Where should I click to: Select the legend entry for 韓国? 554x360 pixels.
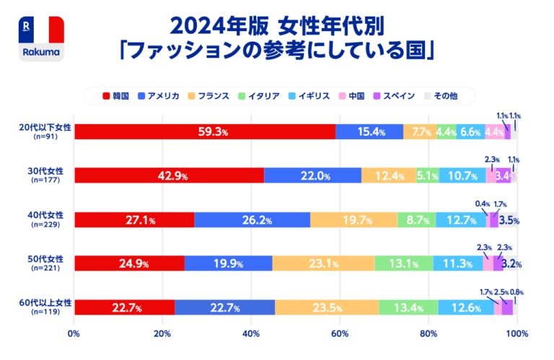[116, 95]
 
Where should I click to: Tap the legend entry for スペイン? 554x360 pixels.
[392, 95]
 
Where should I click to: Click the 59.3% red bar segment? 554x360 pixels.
[204, 131]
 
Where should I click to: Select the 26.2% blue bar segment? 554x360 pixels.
[252, 219]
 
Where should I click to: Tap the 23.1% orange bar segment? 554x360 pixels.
[323, 263]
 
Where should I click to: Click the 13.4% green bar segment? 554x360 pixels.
[408, 308]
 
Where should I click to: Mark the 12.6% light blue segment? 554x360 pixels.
[466, 308]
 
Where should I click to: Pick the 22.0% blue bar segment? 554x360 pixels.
[313, 175]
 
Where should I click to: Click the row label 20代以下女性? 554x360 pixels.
[45, 128]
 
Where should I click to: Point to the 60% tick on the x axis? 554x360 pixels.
[340, 334]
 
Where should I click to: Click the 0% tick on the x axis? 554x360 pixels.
[74, 334]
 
